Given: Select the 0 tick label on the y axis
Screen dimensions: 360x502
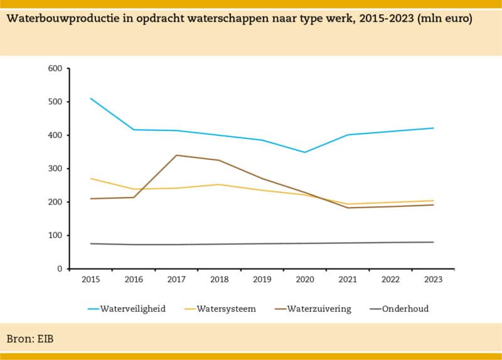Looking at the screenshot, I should click(x=60, y=269).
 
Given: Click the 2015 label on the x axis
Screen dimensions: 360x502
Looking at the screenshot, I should click(x=91, y=280).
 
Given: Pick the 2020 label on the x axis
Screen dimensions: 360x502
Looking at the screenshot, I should click(x=305, y=280).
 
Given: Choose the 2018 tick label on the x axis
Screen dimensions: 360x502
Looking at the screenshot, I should click(x=220, y=280).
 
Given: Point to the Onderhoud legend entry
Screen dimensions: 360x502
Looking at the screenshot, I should click(x=405, y=309).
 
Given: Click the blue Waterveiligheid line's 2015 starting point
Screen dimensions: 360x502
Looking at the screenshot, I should click(x=91, y=98).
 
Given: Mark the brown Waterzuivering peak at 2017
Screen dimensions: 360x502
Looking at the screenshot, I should click(x=177, y=155).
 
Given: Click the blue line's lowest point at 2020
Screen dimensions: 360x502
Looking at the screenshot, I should click(x=305, y=152).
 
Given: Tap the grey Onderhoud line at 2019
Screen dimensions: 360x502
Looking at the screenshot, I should click(x=262, y=244).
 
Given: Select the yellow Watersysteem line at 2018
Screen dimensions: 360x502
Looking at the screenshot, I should click(x=220, y=184).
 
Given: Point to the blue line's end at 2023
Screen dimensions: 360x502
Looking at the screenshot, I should click(x=434, y=128).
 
